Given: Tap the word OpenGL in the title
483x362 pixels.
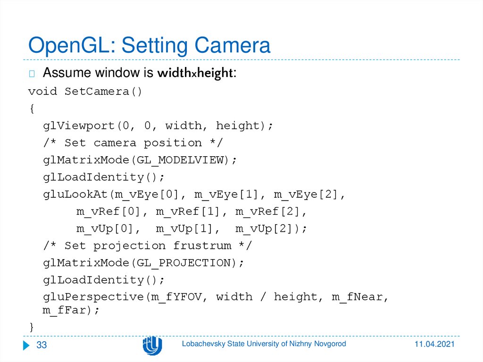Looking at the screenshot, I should click(71, 46).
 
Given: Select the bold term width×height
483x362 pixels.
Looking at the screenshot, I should click(195, 74).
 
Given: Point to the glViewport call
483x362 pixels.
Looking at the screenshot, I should click(79, 126).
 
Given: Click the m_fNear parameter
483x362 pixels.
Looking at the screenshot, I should click(358, 297).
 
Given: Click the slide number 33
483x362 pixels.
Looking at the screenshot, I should click(42, 345).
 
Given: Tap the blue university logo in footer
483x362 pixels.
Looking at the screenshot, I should click(152, 345).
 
